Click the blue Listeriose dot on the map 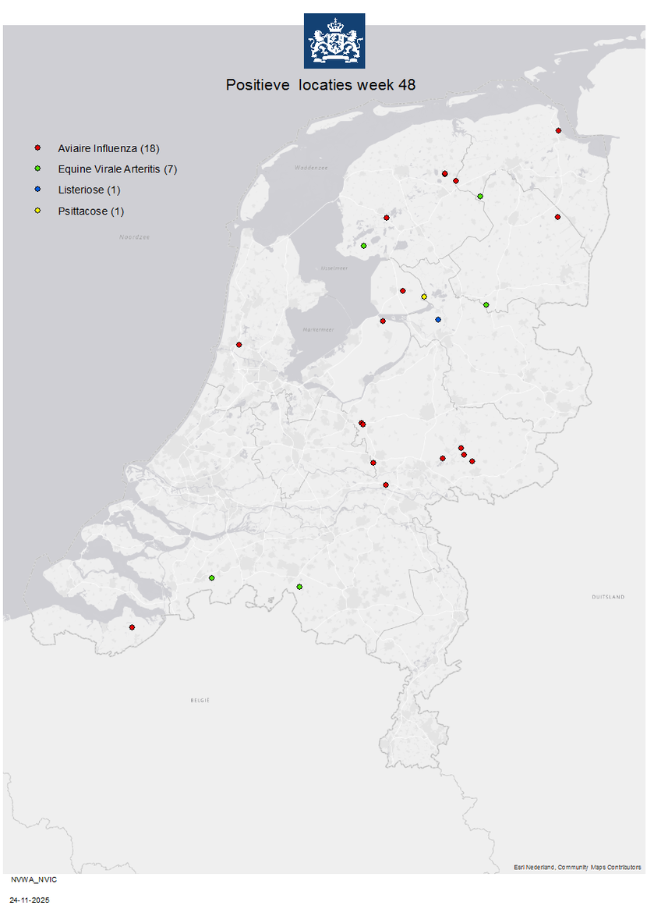coord(438,320)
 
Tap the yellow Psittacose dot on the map coord(424,296)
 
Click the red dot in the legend coord(37,148)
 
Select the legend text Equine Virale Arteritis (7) coord(117,169)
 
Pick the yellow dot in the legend coord(37,211)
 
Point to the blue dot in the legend coord(37,190)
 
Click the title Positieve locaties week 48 coord(320,85)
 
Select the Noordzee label coord(134,236)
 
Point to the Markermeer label coord(318,330)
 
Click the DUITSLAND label coord(608,597)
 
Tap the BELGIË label coord(200,700)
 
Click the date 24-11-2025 coord(30,900)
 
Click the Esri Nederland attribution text coord(578,867)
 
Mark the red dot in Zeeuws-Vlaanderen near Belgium coord(132,627)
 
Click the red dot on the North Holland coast coord(239,344)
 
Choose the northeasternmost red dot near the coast coord(558,131)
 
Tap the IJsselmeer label coord(333,268)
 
